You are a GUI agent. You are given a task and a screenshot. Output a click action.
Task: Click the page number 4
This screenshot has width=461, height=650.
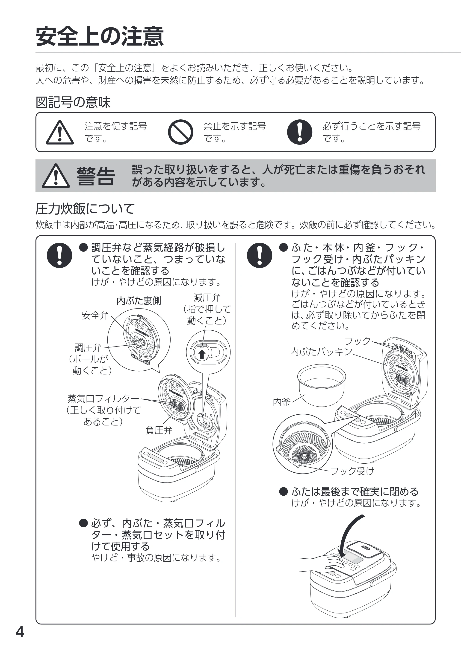point(20,632)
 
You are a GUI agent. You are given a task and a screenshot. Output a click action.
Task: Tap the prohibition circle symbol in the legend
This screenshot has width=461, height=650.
point(180,132)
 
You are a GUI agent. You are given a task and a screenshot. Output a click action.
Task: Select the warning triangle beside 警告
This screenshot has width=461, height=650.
point(56,176)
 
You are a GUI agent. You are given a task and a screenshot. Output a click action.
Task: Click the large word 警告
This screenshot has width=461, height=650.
point(96,176)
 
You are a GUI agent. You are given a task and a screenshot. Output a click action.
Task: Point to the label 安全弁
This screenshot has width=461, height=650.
point(95,315)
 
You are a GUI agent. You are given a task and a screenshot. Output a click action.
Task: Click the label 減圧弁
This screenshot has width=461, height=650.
point(207,298)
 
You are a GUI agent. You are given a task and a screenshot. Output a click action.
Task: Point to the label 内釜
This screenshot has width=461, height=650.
point(282,402)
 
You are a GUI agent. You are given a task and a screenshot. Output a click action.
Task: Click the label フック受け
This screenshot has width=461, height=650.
point(352,471)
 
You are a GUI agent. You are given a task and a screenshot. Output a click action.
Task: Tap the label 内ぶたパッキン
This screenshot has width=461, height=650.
point(321,352)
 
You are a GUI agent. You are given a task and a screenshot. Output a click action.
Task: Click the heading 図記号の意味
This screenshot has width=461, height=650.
point(73,102)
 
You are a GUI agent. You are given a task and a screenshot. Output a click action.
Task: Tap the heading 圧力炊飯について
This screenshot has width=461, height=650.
point(85,209)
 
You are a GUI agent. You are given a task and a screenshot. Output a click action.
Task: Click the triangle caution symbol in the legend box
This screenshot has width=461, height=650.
point(60,132)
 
